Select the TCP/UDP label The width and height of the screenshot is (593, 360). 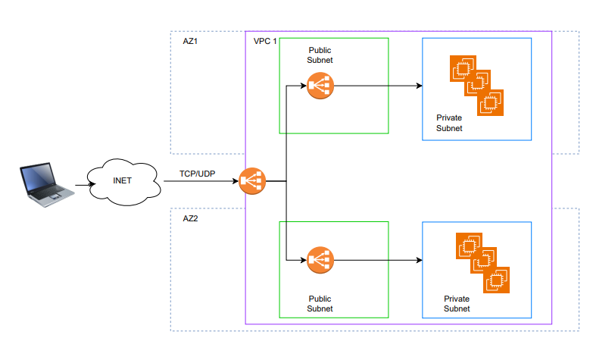(197, 174)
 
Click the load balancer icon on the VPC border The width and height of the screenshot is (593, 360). (251, 182)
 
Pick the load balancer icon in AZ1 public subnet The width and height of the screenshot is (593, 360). (320, 86)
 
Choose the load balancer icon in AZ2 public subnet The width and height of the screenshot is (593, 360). (320, 261)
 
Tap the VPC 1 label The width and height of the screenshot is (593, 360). (265, 39)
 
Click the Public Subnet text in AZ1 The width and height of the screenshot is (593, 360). (320, 55)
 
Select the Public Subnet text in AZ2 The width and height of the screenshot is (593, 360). (320, 304)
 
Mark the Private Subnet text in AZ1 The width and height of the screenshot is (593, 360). (449, 124)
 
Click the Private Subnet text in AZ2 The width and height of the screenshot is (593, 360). (457, 304)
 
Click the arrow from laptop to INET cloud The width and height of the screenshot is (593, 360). (82, 183)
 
